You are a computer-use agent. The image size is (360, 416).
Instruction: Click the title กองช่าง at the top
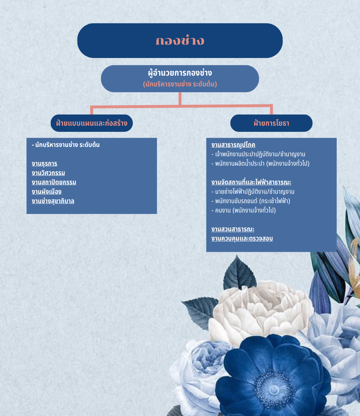coord(180,41)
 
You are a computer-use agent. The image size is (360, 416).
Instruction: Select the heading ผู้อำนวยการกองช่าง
coord(180,73)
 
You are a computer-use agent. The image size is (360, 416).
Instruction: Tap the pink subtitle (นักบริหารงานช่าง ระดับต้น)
coord(180,84)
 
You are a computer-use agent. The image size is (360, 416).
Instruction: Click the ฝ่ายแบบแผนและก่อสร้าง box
coord(91,123)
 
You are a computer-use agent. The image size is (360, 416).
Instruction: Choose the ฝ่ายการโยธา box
coord(271,123)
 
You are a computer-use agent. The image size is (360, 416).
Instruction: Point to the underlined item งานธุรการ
coord(44,164)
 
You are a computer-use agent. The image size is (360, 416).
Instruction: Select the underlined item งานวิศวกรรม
coord(48,173)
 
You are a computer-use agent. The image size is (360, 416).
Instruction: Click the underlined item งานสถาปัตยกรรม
coord(54,182)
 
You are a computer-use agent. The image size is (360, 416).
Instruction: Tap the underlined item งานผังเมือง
coord(46,192)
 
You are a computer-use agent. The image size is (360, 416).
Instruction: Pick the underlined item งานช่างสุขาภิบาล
coord(53,201)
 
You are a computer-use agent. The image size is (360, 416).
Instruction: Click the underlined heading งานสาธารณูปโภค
coord(233,145)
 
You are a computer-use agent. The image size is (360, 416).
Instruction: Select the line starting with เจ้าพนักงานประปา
coord(258,154)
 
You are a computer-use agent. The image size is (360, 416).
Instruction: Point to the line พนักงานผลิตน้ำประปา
coord(260,164)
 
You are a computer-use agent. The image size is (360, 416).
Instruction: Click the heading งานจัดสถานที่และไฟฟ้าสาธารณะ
coord(251,182)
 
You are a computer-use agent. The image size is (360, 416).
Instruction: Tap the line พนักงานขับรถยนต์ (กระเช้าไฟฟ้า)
coord(251,201)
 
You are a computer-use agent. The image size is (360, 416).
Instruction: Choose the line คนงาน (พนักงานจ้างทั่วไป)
coord(243,210)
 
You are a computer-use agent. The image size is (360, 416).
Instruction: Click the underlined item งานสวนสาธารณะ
coord(233,229)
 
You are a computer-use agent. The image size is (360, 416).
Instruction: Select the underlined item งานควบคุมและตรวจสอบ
coord(242,238)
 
